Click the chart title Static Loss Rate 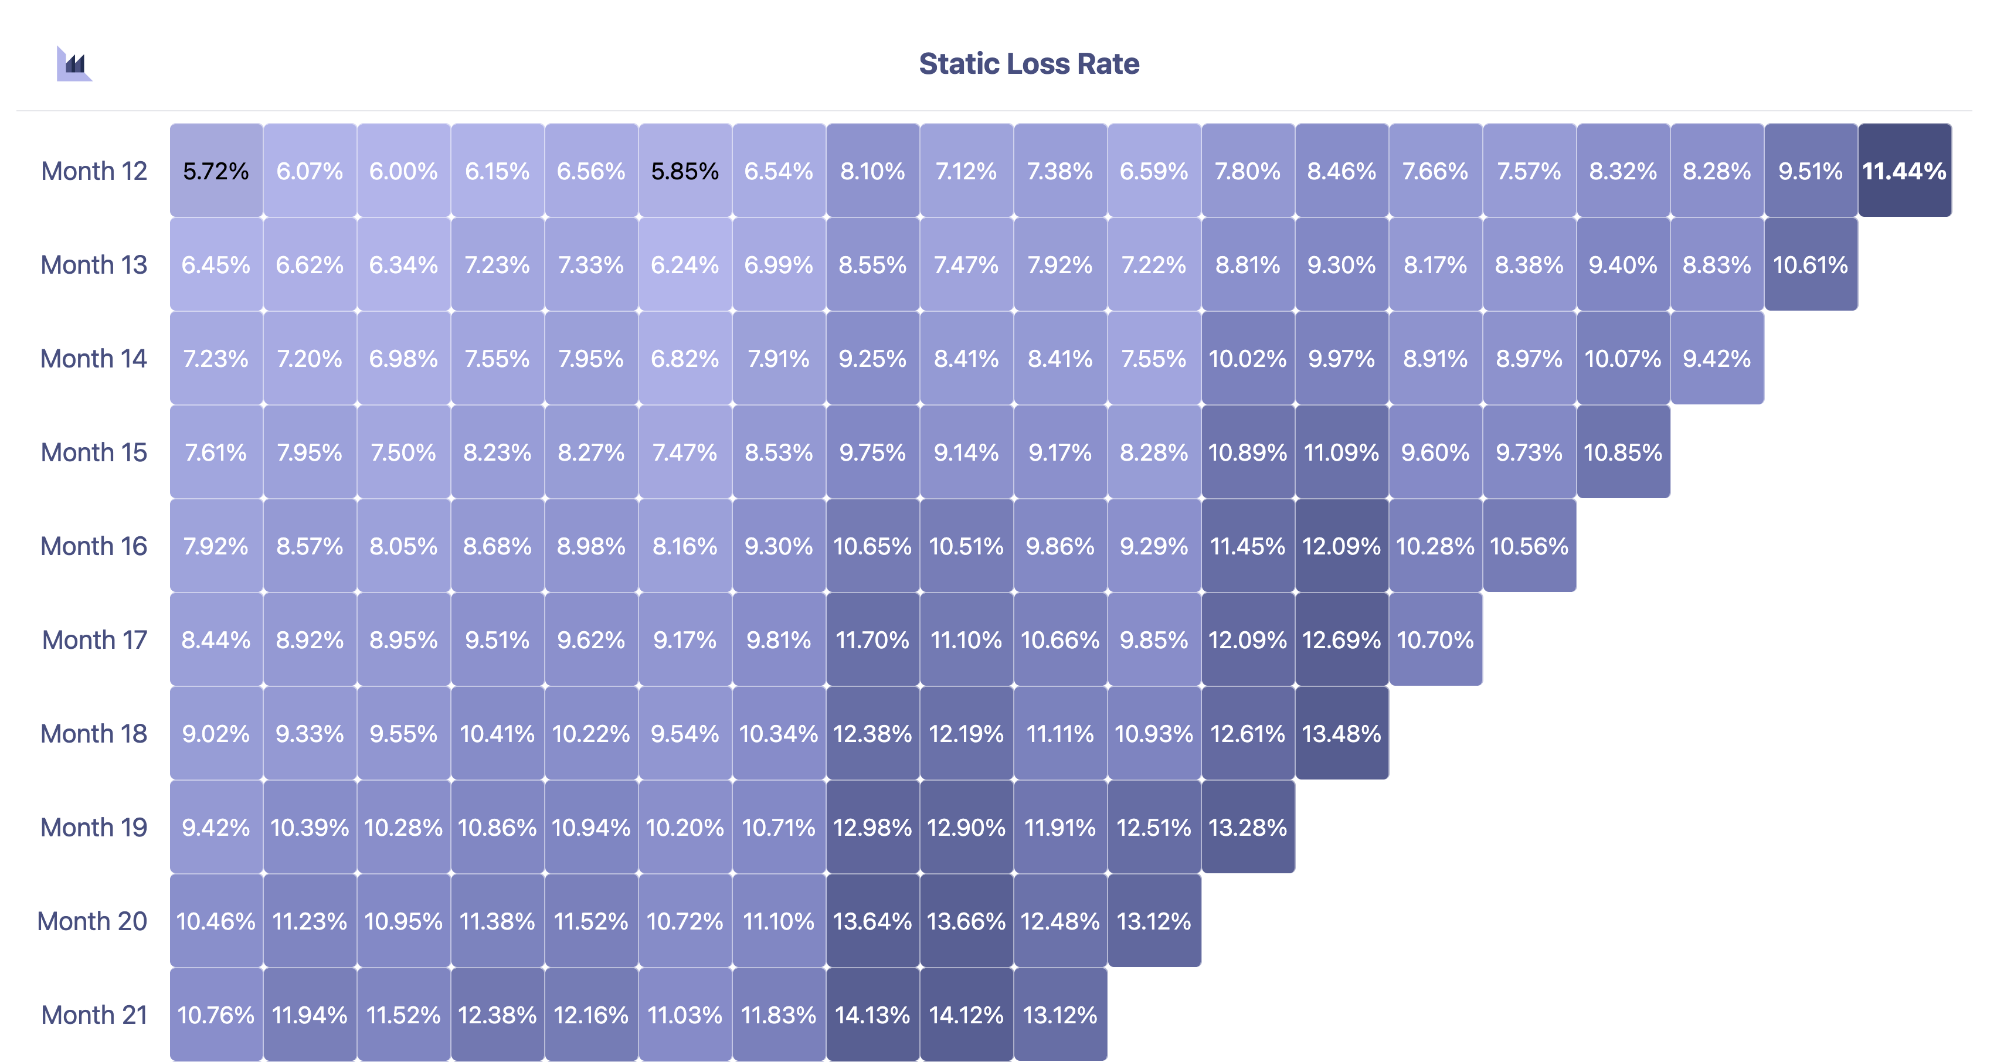point(1029,63)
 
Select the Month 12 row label point(94,171)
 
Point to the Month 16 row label point(94,546)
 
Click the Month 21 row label point(94,1015)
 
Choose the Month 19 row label point(94,827)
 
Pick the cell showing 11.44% point(1904,171)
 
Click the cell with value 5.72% point(216,171)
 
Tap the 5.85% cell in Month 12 point(685,171)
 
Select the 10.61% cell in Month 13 point(1810,264)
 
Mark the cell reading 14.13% point(872,1015)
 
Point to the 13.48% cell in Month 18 point(1341,733)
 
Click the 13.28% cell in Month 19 point(1247,827)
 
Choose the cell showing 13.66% point(966,921)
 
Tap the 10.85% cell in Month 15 point(1622,452)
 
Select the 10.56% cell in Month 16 point(1529,546)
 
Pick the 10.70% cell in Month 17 point(1435,639)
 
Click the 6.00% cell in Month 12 point(403,171)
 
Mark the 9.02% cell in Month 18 point(216,733)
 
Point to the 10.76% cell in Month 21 point(216,1015)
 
